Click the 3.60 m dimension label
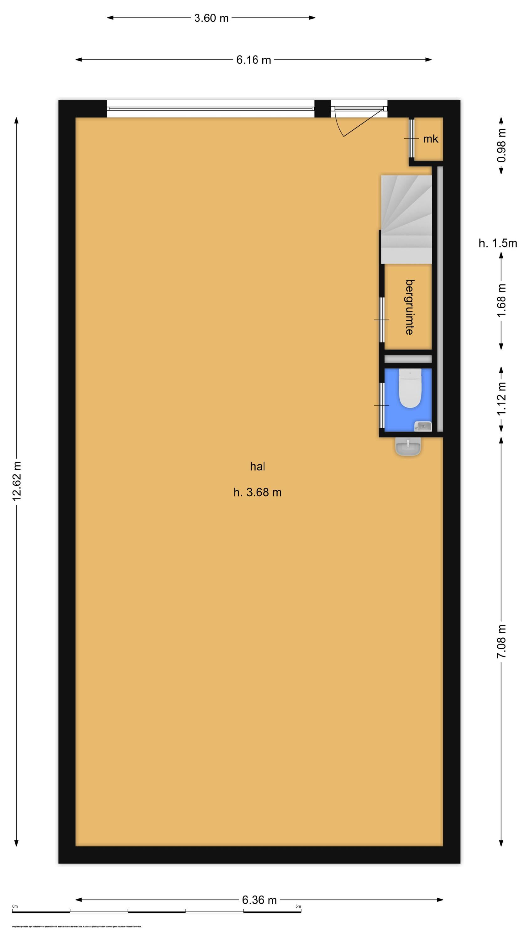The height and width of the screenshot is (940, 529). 211,18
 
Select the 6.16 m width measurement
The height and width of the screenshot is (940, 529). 253,60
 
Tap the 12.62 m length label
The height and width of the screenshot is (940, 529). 17,481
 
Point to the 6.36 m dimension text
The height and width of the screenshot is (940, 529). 259,900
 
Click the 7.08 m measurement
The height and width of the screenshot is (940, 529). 501,641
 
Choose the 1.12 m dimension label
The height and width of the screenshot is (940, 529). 501,398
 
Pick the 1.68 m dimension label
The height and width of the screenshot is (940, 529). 501,300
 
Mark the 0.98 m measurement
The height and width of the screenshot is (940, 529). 501,145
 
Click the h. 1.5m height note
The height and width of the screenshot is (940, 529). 498,243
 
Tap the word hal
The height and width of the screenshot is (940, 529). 257,466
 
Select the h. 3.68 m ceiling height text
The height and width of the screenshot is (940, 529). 257,493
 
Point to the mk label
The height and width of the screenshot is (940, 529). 430,139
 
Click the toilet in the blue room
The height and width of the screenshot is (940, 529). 410,388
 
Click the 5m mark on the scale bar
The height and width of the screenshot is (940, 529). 298,906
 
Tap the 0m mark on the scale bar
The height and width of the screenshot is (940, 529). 15,906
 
